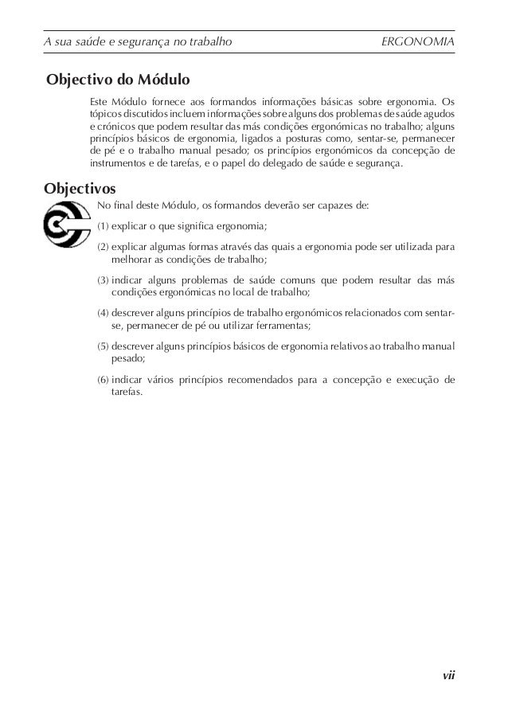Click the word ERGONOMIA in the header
tap(419, 41)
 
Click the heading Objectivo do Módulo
tap(117, 80)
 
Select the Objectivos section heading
tap(80, 190)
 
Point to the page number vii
tap(449, 676)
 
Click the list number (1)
tap(104, 227)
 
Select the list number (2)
tap(104, 248)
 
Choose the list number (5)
tap(104, 347)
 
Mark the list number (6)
tap(104, 381)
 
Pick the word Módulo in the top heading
tap(163, 80)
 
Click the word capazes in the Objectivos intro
tap(331, 206)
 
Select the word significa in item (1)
tap(201, 227)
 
